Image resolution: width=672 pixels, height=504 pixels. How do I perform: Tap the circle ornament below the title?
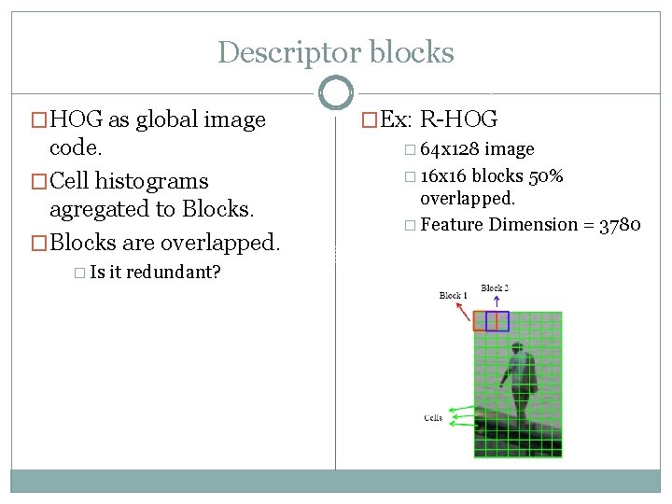point(335,92)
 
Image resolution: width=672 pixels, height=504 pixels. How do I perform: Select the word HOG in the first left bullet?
point(77,119)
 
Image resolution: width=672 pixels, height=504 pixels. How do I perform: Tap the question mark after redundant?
point(217,273)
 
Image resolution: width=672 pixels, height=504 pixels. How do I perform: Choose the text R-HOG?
point(459,119)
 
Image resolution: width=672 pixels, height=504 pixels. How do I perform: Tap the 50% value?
point(544,176)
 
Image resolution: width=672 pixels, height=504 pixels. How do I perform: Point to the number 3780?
point(618,225)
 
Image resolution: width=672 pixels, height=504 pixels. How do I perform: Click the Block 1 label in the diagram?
point(453,296)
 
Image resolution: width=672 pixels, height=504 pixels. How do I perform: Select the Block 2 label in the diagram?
point(495,288)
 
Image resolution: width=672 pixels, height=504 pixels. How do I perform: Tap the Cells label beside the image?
point(433,417)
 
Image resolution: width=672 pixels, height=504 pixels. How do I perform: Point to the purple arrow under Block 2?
point(496,302)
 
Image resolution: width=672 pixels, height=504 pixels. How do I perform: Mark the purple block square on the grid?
point(497,321)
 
